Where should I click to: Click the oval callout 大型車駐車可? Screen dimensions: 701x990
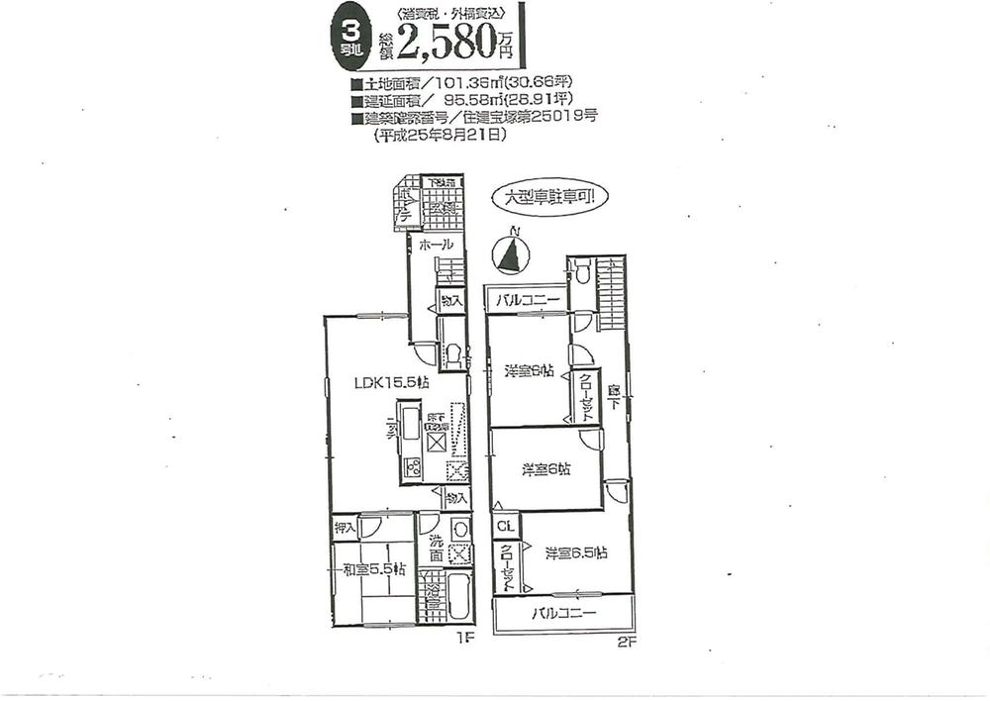pos(550,197)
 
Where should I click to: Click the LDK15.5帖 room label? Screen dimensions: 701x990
pos(392,381)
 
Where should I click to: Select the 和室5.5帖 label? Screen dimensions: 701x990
pos(374,568)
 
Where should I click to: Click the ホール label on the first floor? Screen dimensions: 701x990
pos(436,244)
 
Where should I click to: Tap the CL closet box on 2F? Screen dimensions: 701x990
pos(503,526)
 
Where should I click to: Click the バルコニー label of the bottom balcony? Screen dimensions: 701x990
pos(564,613)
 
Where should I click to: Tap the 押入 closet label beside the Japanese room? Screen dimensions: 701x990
pos(345,528)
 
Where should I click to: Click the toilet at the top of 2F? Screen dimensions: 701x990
pos(582,269)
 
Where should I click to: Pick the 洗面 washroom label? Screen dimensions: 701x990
pos(435,551)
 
